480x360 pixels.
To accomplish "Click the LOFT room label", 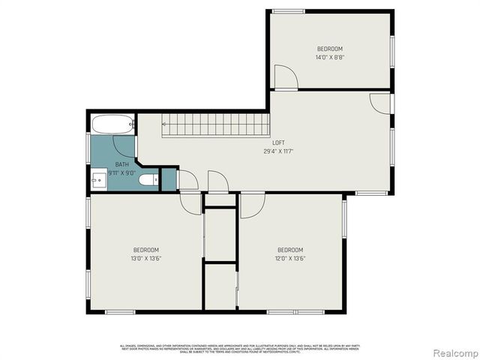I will (278, 142).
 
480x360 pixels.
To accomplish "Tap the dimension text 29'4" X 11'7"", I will (278, 151).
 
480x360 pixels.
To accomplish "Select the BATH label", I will (121, 164).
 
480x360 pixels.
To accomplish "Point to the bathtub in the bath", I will (112, 123).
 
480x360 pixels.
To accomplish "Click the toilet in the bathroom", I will (150, 179).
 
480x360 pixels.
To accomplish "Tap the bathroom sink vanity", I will (98, 180).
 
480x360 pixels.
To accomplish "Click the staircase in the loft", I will (216, 124).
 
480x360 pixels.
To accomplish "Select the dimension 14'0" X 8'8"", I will (330, 57).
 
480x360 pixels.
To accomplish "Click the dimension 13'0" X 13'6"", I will (146, 259).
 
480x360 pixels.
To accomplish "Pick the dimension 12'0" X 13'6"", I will (290, 259).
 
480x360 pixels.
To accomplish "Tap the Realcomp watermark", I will (457, 352).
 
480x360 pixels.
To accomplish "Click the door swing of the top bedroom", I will (285, 77).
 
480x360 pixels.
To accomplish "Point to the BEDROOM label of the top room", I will (330, 49).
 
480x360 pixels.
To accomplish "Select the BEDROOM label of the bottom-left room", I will (146, 250).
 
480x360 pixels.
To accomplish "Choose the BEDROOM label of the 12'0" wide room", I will (290, 250).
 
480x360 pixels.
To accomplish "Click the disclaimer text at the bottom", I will (240, 347).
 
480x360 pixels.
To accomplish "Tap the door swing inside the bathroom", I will (124, 146).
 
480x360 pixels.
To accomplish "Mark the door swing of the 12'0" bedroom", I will (250, 205).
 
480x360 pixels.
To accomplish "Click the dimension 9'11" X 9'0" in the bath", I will (121, 172).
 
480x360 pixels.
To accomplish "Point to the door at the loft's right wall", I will (382, 103).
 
